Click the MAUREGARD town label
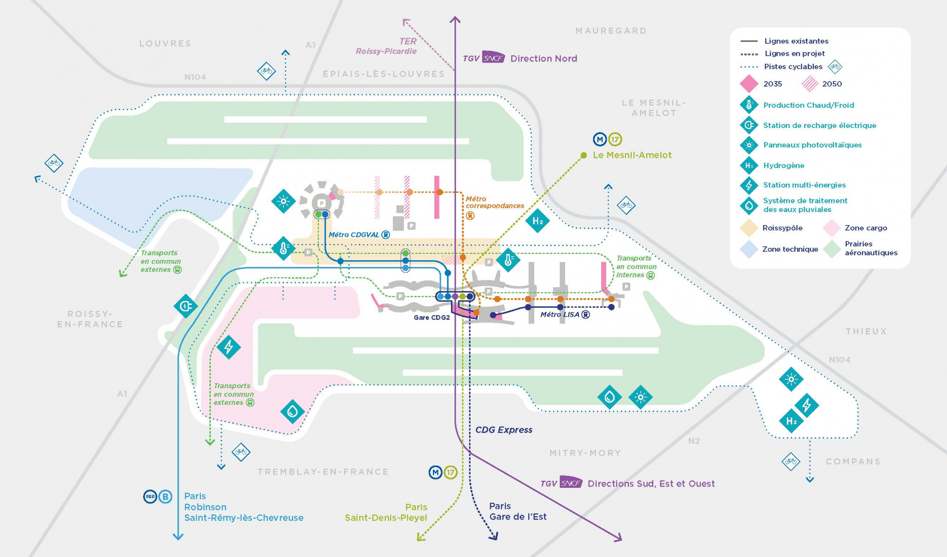pos(611,31)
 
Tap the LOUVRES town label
pos(165,44)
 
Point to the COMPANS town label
pos(853,462)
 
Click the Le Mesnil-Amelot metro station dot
pos(584,155)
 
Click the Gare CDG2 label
pos(431,318)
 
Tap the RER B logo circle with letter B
pos(165,497)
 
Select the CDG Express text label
pos(503,430)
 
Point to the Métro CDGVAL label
pos(354,235)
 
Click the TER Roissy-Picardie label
pos(386,46)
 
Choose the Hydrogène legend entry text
pos(783,165)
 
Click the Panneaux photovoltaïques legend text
pos(812,145)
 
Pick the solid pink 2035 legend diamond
pos(749,84)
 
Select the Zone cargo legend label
pos(866,228)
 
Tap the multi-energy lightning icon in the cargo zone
pos(229,347)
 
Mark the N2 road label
pos(694,441)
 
